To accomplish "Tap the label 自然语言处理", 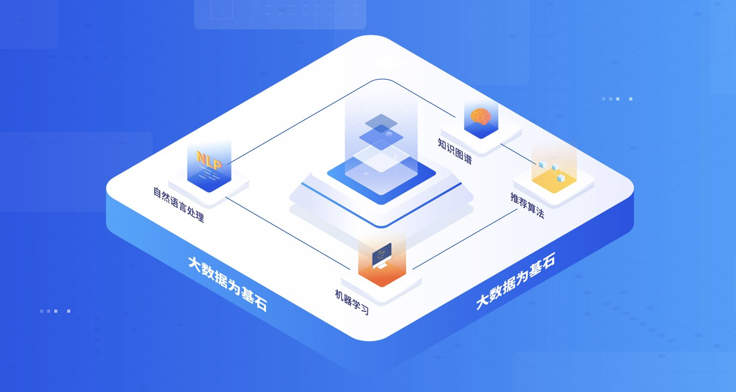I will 179,205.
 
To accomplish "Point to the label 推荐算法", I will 527,205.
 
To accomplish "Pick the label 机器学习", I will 351,302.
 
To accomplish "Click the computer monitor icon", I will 381,255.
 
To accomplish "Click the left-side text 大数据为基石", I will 227,283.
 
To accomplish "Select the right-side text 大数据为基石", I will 515,282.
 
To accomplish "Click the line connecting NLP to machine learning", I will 291,234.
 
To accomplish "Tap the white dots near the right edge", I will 617,99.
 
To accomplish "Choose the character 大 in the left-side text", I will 195,263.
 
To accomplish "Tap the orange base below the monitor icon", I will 381,275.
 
